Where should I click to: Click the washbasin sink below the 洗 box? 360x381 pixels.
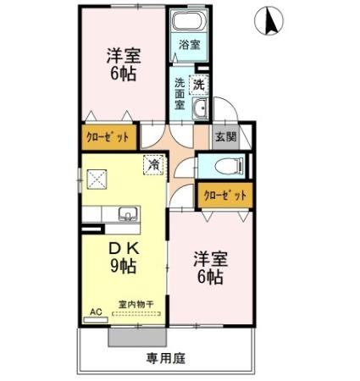pyautogui.click(x=200, y=108)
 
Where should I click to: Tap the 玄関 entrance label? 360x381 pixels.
pyautogui.click(x=225, y=137)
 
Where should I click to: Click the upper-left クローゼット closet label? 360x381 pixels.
pyautogui.click(x=108, y=136)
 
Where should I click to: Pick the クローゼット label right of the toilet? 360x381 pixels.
pyautogui.click(x=226, y=196)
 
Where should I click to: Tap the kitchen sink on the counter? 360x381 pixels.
pyautogui.click(x=126, y=214)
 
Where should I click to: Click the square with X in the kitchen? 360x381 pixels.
pyautogui.click(x=97, y=179)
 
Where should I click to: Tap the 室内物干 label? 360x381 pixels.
pyautogui.click(x=136, y=305)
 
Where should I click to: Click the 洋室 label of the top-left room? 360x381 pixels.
pyautogui.click(x=123, y=56)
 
